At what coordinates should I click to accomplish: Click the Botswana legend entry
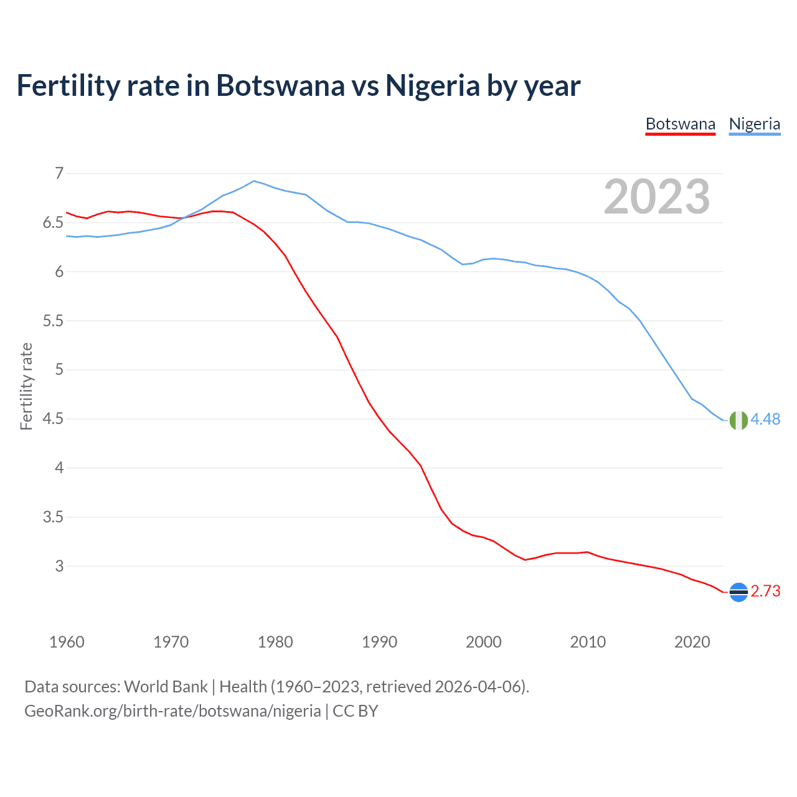[x=680, y=124]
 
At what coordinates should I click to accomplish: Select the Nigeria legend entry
[x=754, y=124]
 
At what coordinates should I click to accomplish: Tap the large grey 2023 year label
[x=656, y=197]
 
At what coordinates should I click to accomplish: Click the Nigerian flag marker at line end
[x=738, y=420]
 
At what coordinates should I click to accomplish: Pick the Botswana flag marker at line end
[x=738, y=592]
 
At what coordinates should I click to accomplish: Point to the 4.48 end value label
[x=765, y=420]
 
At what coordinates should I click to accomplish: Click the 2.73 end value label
[x=765, y=592]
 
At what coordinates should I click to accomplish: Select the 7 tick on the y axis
[x=59, y=173]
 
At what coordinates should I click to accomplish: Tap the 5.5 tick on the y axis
[x=53, y=321]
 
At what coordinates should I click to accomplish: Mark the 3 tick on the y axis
[x=59, y=566]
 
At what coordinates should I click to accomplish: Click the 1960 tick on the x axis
[x=67, y=642]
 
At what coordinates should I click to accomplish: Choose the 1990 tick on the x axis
[x=379, y=642]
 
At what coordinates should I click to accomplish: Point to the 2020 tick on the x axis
[x=692, y=642]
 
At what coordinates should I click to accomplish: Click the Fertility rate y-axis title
[x=26, y=386]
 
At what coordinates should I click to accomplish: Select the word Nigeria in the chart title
[x=433, y=85]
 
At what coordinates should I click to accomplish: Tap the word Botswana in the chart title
[x=280, y=85]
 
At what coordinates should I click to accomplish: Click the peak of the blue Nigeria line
[x=253, y=181]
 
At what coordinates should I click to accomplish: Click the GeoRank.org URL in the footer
[x=172, y=711]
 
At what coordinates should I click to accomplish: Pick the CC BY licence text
[x=356, y=711]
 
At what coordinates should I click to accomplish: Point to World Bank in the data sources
[x=166, y=687]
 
